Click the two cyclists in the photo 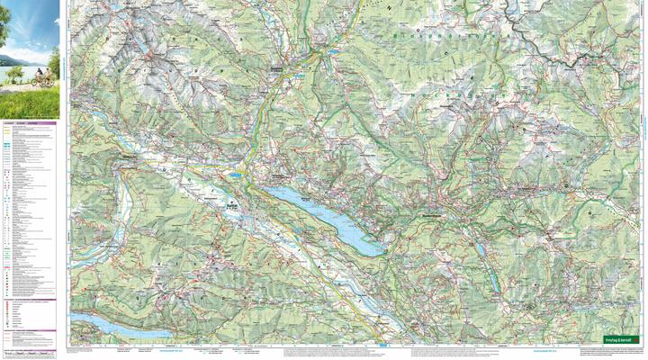(40, 80)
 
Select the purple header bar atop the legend (30, 122)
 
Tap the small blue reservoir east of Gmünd (335, 52)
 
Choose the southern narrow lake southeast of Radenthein (494, 281)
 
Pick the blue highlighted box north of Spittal (236, 172)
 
